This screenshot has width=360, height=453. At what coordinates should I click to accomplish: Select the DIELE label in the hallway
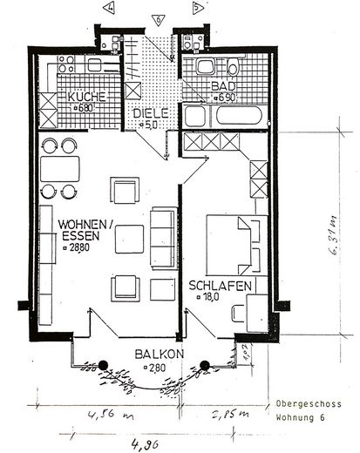coord(149,113)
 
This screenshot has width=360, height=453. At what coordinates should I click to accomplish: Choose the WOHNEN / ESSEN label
coord(85,230)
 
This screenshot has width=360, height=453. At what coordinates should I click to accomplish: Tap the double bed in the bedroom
coord(234,240)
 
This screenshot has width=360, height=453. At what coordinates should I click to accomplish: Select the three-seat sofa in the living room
coord(163,238)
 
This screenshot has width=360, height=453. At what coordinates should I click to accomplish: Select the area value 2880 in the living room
coord(80,248)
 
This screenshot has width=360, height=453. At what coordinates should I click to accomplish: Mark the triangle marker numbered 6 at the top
coord(157,17)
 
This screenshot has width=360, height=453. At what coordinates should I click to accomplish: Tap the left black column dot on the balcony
coord(103,365)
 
